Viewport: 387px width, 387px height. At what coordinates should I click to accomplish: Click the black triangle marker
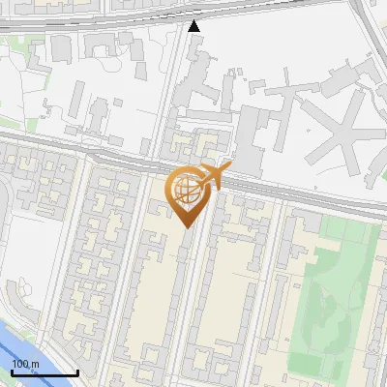tap(194, 26)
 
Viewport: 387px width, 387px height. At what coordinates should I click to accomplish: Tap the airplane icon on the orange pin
tap(214, 177)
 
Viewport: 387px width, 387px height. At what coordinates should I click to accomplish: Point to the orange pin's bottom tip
tap(186, 227)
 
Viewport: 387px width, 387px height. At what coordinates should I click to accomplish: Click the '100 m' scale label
tap(24, 364)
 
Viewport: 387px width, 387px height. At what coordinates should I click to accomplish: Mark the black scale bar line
tap(45, 373)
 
